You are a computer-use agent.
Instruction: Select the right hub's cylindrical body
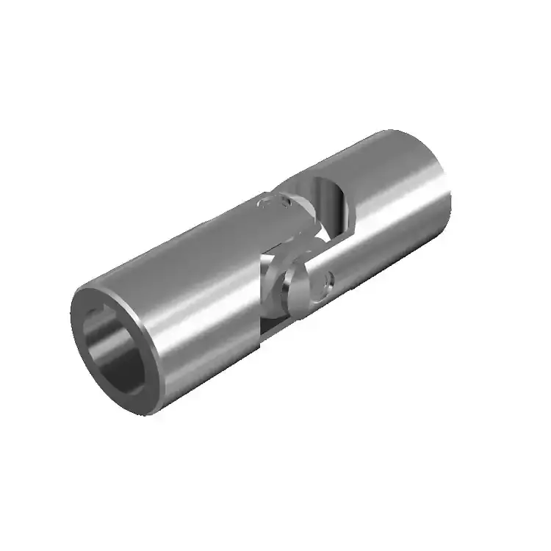coord(397,206)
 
